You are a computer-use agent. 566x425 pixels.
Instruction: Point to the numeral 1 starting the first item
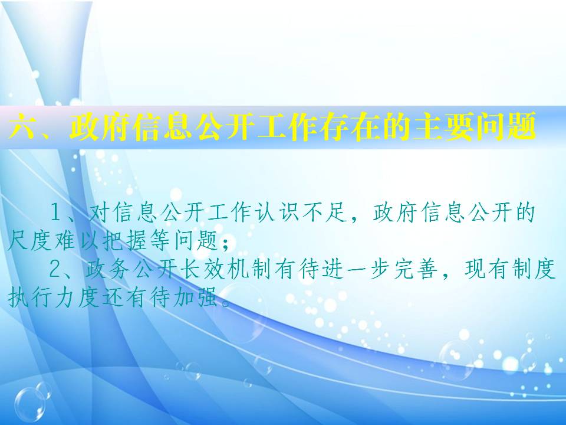coord(55,212)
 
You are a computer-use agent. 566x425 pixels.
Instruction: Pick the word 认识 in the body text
coord(278,212)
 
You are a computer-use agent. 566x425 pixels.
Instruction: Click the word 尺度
coord(29,241)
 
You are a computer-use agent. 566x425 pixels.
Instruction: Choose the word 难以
coord(77,241)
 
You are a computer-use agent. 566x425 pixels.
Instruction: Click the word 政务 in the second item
coord(107,269)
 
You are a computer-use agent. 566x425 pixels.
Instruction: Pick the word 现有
coord(486,269)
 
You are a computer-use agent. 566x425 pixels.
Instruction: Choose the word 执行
coord(29,297)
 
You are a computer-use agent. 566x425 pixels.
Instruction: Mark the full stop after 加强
coord(226,303)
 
